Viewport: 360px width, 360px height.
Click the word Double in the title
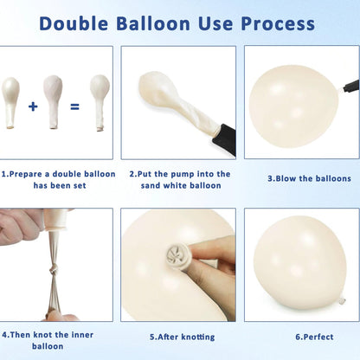coord(74,23)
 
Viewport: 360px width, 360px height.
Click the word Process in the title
coord(278,23)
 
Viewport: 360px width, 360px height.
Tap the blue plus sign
coord(33,106)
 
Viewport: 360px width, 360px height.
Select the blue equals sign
coord(74,107)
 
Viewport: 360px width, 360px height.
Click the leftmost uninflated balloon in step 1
coord(10,102)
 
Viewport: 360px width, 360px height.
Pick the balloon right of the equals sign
coord(100,102)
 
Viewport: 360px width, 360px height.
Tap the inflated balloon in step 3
coord(293,106)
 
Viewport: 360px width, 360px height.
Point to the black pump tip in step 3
coord(351,86)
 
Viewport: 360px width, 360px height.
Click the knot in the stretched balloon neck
coord(53,270)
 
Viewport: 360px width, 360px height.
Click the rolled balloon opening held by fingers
coord(177,254)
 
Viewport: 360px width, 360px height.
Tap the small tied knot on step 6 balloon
coord(342,300)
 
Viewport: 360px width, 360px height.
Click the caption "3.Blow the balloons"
coord(309,178)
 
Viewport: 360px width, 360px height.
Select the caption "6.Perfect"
coord(314,337)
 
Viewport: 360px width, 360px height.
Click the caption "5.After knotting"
coord(183,337)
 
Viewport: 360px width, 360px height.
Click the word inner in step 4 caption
coord(82,335)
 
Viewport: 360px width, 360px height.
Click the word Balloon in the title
coord(153,23)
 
